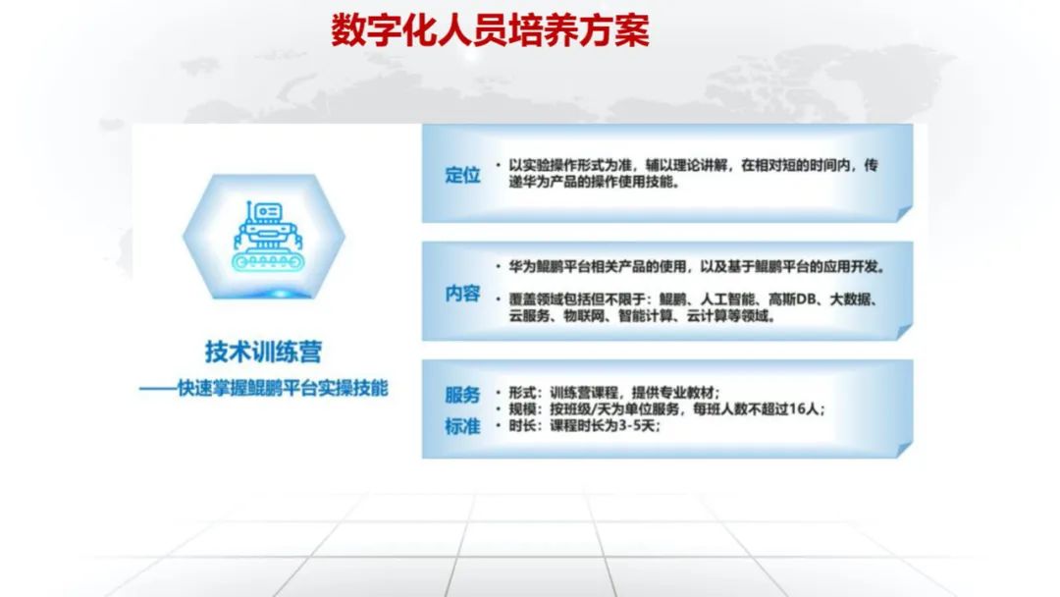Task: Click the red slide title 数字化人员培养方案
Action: pyautogui.click(x=490, y=30)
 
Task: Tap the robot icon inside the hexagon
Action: pyautogui.click(x=266, y=236)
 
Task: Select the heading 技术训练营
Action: pyautogui.click(x=264, y=352)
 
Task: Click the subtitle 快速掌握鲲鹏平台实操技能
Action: pyautogui.click(x=283, y=388)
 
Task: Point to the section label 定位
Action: pyautogui.click(x=462, y=175)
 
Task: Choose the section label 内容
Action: pyautogui.click(x=462, y=294)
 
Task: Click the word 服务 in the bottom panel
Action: pyautogui.click(x=462, y=395)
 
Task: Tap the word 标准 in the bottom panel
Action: pyautogui.click(x=462, y=426)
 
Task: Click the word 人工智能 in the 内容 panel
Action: pyautogui.click(x=727, y=299)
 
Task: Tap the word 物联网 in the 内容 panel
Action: pyautogui.click(x=584, y=316)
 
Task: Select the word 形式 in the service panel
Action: pyautogui.click(x=522, y=393)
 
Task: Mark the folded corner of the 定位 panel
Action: pyautogui.click(x=905, y=214)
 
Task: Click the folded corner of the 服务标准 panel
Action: pyautogui.click(x=905, y=450)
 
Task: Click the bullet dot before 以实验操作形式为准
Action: pyautogui.click(x=499, y=165)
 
